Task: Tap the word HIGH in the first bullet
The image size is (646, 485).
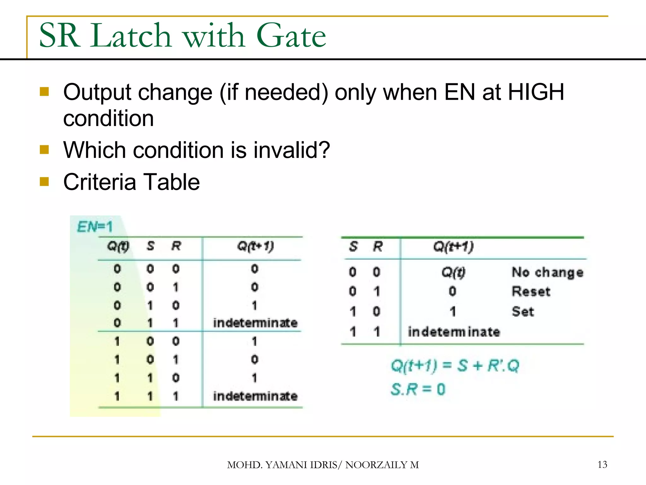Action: pyautogui.click(x=536, y=92)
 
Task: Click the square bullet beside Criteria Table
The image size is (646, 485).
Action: pyautogui.click(x=44, y=182)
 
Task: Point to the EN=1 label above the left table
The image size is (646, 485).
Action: pyautogui.click(x=95, y=227)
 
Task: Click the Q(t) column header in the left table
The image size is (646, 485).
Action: pyautogui.click(x=118, y=246)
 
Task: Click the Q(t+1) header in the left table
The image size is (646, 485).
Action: pyautogui.click(x=255, y=246)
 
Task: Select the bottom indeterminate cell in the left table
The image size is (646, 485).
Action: pyautogui.click(x=255, y=396)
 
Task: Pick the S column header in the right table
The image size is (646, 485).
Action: pyautogui.click(x=353, y=246)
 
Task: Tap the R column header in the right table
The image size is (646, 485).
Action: pyautogui.click(x=378, y=246)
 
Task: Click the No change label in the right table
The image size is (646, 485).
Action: pyautogui.click(x=547, y=272)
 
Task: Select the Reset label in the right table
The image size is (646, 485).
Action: pyautogui.click(x=531, y=291)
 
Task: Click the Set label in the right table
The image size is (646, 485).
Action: pyautogui.click(x=523, y=312)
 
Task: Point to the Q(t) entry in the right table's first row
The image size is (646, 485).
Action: pyautogui.click(x=453, y=272)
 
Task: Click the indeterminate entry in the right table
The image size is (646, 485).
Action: pyautogui.click(x=454, y=332)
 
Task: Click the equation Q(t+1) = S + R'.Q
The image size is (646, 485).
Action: pyautogui.click(x=455, y=366)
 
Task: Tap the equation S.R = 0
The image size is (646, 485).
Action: pyautogui.click(x=418, y=389)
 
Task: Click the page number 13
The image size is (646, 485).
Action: pyautogui.click(x=602, y=464)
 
